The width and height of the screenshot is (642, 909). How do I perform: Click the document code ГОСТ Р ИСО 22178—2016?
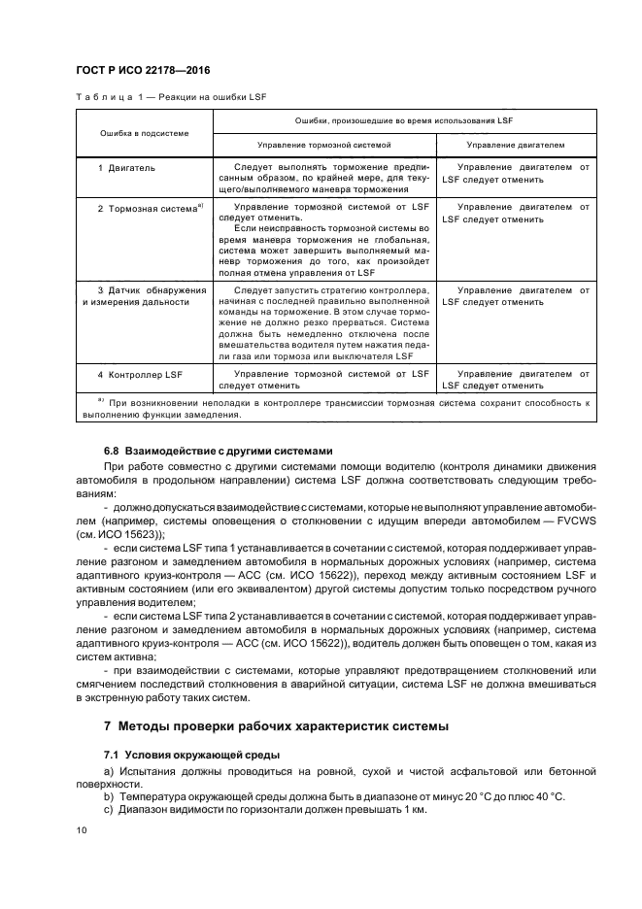click(x=143, y=70)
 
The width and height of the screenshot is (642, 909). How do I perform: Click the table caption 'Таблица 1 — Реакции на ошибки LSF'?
click(x=171, y=97)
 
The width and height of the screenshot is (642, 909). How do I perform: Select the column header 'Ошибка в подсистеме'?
click(x=143, y=131)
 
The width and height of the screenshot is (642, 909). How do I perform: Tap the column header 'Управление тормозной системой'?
click(x=324, y=144)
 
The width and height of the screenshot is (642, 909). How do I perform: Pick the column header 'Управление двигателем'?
click(x=516, y=144)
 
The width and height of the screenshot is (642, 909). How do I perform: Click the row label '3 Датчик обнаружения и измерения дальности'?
click(x=143, y=296)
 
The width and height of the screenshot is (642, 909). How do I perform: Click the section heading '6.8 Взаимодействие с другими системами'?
click(x=219, y=451)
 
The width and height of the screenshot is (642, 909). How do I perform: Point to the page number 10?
click(x=82, y=829)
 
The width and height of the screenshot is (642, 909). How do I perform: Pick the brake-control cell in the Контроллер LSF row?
click(x=324, y=379)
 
